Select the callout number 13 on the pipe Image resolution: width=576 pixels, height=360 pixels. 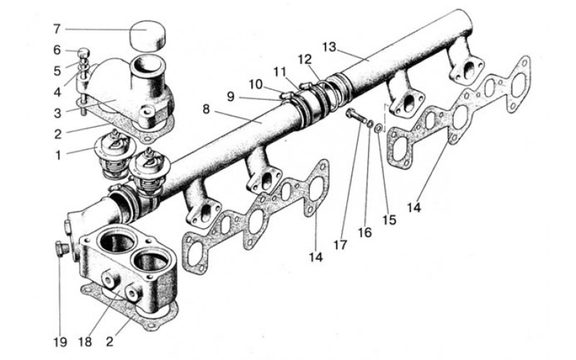[x=330, y=48]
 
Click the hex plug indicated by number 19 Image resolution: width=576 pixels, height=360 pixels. [x=60, y=249]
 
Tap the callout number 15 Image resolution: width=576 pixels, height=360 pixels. [x=389, y=220]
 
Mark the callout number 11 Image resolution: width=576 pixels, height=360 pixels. [x=280, y=71]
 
